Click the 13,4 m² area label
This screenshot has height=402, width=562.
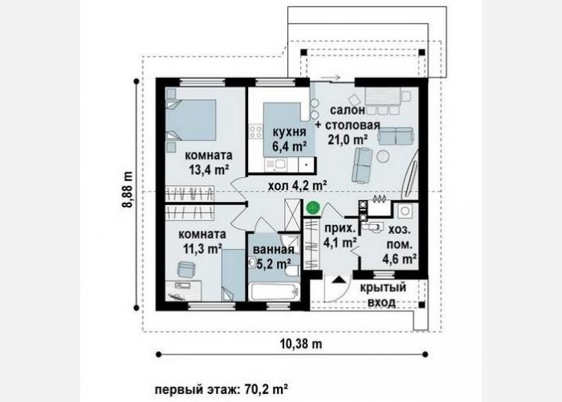pyautogui.click(x=209, y=170)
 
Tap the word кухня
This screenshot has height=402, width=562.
pyautogui.click(x=290, y=132)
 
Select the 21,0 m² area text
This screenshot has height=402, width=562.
pyautogui.click(x=348, y=139)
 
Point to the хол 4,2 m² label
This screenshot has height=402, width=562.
pyautogui.click(x=297, y=186)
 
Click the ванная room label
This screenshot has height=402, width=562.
pyautogui.click(x=274, y=249)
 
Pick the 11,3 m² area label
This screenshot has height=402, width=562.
pyautogui.click(x=203, y=248)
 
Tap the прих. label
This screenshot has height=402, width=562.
pyautogui.click(x=340, y=228)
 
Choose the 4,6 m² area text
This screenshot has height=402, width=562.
pyautogui.click(x=399, y=258)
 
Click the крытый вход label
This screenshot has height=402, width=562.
pyautogui.click(x=382, y=295)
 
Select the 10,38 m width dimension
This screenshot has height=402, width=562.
pyautogui.click(x=301, y=344)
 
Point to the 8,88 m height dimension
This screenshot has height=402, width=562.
pyautogui.click(x=127, y=190)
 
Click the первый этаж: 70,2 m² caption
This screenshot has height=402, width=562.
pyautogui.click(x=222, y=388)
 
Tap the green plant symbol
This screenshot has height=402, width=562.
pyautogui.click(x=312, y=207)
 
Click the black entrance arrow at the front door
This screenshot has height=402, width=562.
pyautogui.click(x=337, y=280)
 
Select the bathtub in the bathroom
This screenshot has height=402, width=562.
pyautogui.click(x=275, y=291)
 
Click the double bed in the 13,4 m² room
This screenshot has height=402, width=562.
pyautogui.click(x=191, y=120)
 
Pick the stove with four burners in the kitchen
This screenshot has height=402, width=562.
pyautogui.click(x=256, y=131)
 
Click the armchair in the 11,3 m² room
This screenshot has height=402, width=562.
pyautogui.click(x=186, y=269)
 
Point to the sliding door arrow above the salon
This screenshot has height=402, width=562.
pyautogui.click(x=330, y=77)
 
